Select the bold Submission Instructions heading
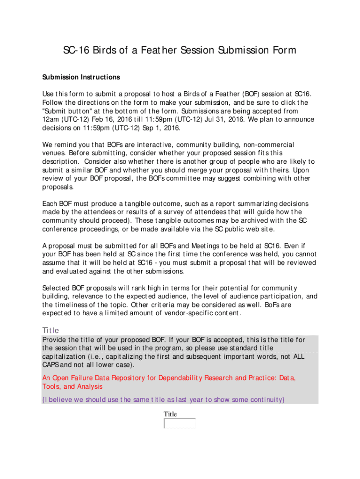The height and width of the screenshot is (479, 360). click(x=81, y=77)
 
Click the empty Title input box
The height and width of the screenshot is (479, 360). click(x=180, y=423)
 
